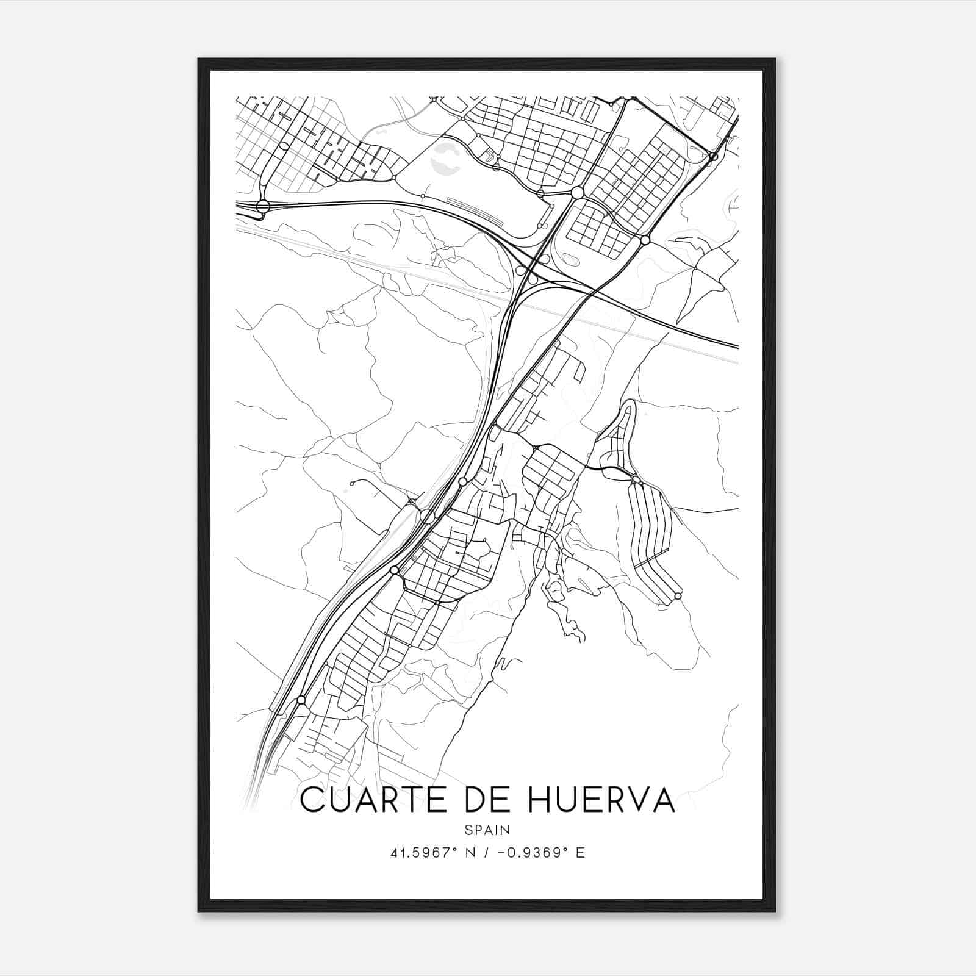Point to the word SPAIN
(487, 830)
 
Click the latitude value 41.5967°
(425, 853)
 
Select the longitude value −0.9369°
(534, 853)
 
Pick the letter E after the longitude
(580, 853)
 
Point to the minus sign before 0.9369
(501, 853)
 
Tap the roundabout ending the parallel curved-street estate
(678, 595)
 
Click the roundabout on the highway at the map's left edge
(263, 206)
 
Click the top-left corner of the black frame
(199, 60)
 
